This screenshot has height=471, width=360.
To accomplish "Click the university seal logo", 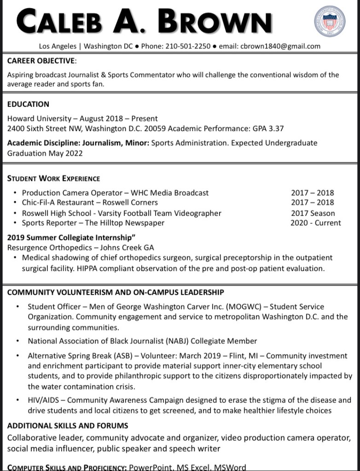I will [x=329, y=22].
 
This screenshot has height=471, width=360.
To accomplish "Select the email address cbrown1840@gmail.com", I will [x=280, y=46].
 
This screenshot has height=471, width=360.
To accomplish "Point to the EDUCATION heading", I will [x=28, y=104].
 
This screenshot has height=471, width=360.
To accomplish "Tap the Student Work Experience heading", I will [x=53, y=178].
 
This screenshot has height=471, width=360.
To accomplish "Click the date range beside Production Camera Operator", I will [x=313, y=193].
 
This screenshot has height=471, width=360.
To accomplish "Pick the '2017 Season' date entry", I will [x=313, y=213].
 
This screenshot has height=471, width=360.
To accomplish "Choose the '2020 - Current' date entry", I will [x=316, y=223].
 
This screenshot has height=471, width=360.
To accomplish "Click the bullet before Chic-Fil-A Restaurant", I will [x=16, y=203].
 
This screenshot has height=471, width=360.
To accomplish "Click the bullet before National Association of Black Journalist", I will [x=17, y=341].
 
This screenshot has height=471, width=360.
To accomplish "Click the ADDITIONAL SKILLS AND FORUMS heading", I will [x=68, y=425].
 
